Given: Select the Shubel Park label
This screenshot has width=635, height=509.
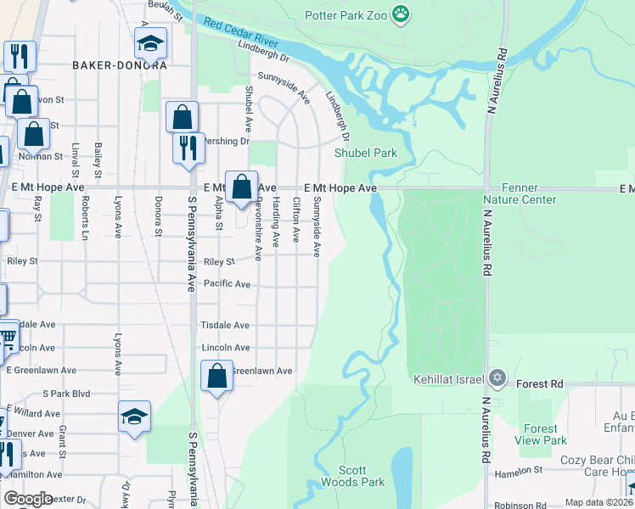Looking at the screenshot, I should tap(366, 154).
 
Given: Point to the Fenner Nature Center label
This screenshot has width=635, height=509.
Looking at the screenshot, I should tap(520, 193).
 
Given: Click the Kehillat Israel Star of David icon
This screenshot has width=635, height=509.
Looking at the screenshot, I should tap(497, 378).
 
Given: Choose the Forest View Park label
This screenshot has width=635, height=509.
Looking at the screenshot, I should tap(541, 434).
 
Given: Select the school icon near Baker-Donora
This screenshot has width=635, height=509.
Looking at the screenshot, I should tap(150, 42).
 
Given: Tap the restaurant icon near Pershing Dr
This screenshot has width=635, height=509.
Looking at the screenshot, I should tap(188, 146).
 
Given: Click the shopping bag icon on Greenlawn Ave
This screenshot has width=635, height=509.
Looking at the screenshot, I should tap(216, 374).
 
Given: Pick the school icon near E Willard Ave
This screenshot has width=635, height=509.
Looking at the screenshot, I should tap(134, 417).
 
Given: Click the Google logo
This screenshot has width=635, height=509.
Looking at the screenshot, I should tap(28, 499).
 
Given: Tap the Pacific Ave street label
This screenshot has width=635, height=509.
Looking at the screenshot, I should tap(226, 284).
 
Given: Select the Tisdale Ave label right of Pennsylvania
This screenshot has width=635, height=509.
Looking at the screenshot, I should tap(225, 325).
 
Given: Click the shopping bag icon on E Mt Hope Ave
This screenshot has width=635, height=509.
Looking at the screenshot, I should tap(241, 185).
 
